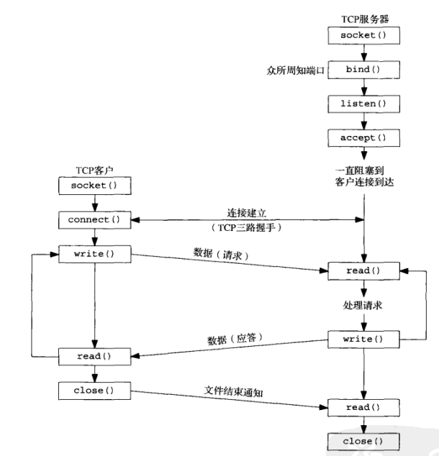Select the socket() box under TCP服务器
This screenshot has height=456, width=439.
click(x=363, y=35)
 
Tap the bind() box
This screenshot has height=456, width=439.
click(x=363, y=70)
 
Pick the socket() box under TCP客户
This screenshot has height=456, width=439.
click(x=95, y=186)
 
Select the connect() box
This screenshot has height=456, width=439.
click(x=95, y=219)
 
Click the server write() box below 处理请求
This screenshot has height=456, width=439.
click(x=363, y=337)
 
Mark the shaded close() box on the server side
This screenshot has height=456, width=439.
click(x=363, y=440)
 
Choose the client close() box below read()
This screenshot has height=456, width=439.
click(x=95, y=391)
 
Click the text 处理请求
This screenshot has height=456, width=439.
click(x=363, y=304)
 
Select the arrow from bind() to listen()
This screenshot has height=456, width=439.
click(x=363, y=88)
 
